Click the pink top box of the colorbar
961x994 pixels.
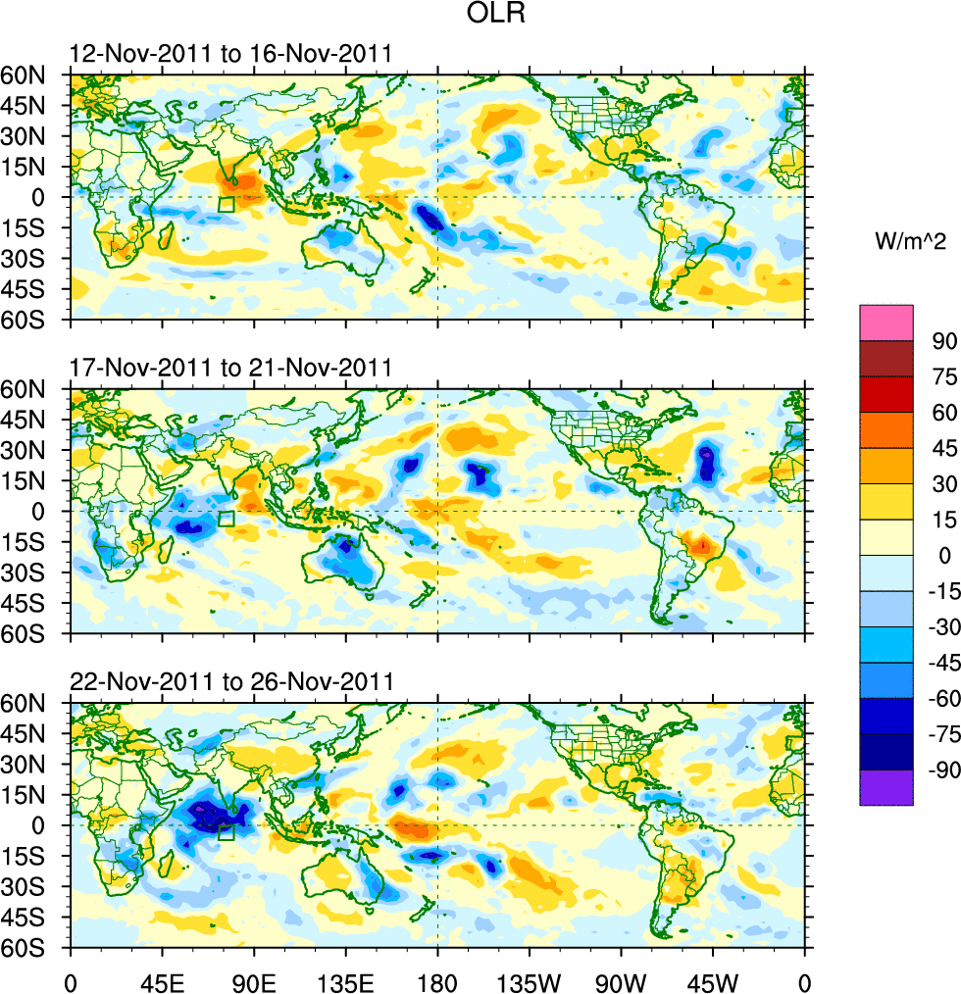[x=885, y=322]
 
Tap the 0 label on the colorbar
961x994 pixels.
[x=944, y=555]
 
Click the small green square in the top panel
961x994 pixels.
[x=227, y=205]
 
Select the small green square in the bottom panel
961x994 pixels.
[x=226, y=833]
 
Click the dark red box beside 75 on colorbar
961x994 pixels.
[x=885, y=358]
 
